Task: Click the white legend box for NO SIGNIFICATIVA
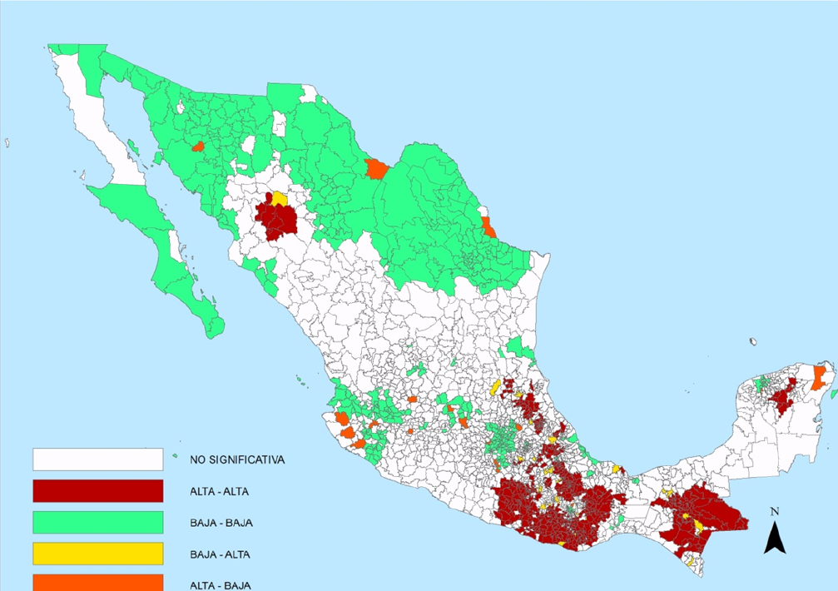click(97, 459)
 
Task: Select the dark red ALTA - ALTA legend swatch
click(97, 491)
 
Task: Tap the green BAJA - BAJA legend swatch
click(97, 523)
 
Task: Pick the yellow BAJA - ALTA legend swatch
click(97, 554)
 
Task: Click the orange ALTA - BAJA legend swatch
click(97, 582)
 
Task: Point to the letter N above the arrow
click(775, 511)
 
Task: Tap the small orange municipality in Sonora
click(198, 147)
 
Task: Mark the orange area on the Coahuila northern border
click(376, 170)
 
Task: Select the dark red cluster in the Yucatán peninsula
click(781, 402)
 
